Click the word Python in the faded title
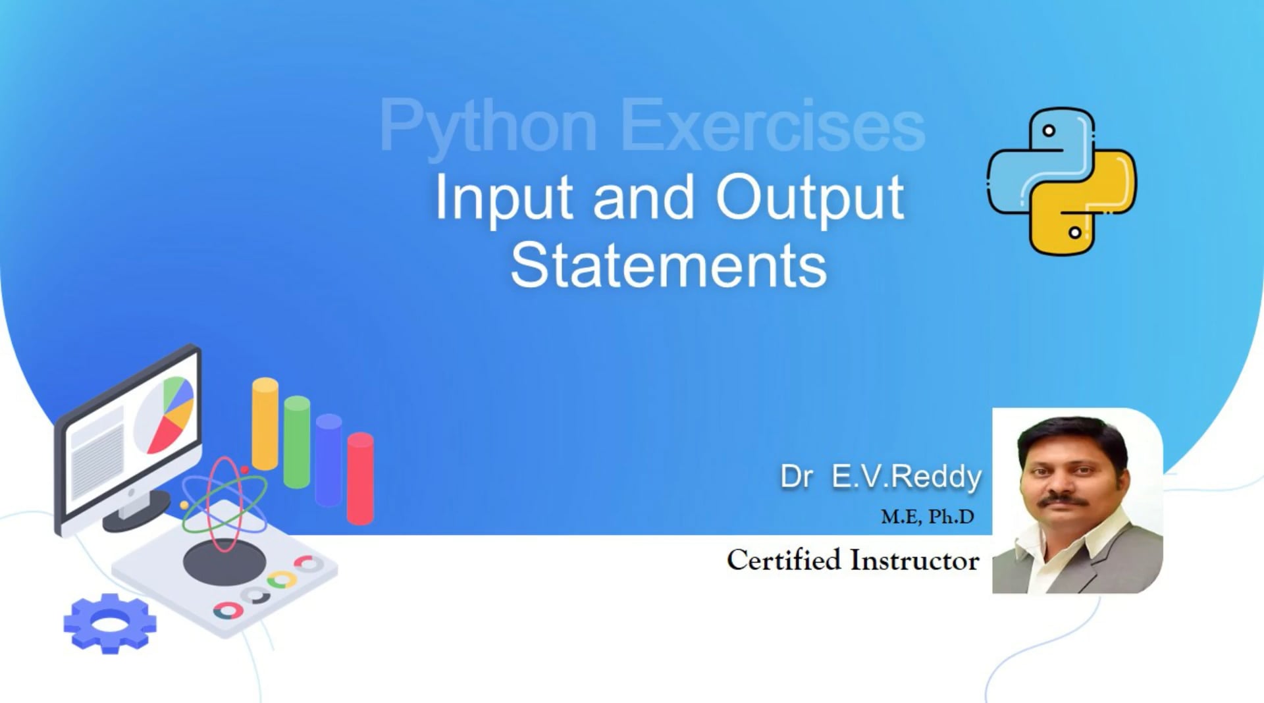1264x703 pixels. [x=488, y=126]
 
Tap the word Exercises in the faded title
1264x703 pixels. [x=772, y=126]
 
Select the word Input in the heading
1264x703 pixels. [x=504, y=197]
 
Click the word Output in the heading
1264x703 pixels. [x=810, y=197]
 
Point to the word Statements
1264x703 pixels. [x=668, y=265]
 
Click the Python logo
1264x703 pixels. [x=1062, y=181]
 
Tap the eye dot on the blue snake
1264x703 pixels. [x=1049, y=130]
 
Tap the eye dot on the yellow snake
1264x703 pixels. [x=1074, y=232]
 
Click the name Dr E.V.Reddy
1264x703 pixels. [x=880, y=477]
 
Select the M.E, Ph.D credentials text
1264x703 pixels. [x=928, y=517]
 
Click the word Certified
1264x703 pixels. [x=783, y=560]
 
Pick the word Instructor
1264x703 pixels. [x=914, y=560]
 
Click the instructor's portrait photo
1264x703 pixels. [x=1077, y=501]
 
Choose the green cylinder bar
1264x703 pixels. [x=297, y=442]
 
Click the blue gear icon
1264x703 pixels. [x=110, y=623]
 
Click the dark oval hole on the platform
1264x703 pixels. [x=224, y=563]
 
